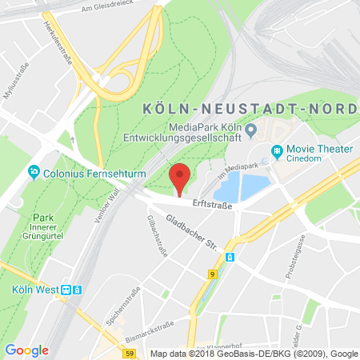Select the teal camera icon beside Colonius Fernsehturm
pyautogui.click(x=34, y=171)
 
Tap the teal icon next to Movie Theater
pyautogui.click(x=277, y=150)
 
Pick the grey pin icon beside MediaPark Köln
pyautogui.click(x=250, y=129)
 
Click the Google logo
pyautogui.click(x=26, y=350)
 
